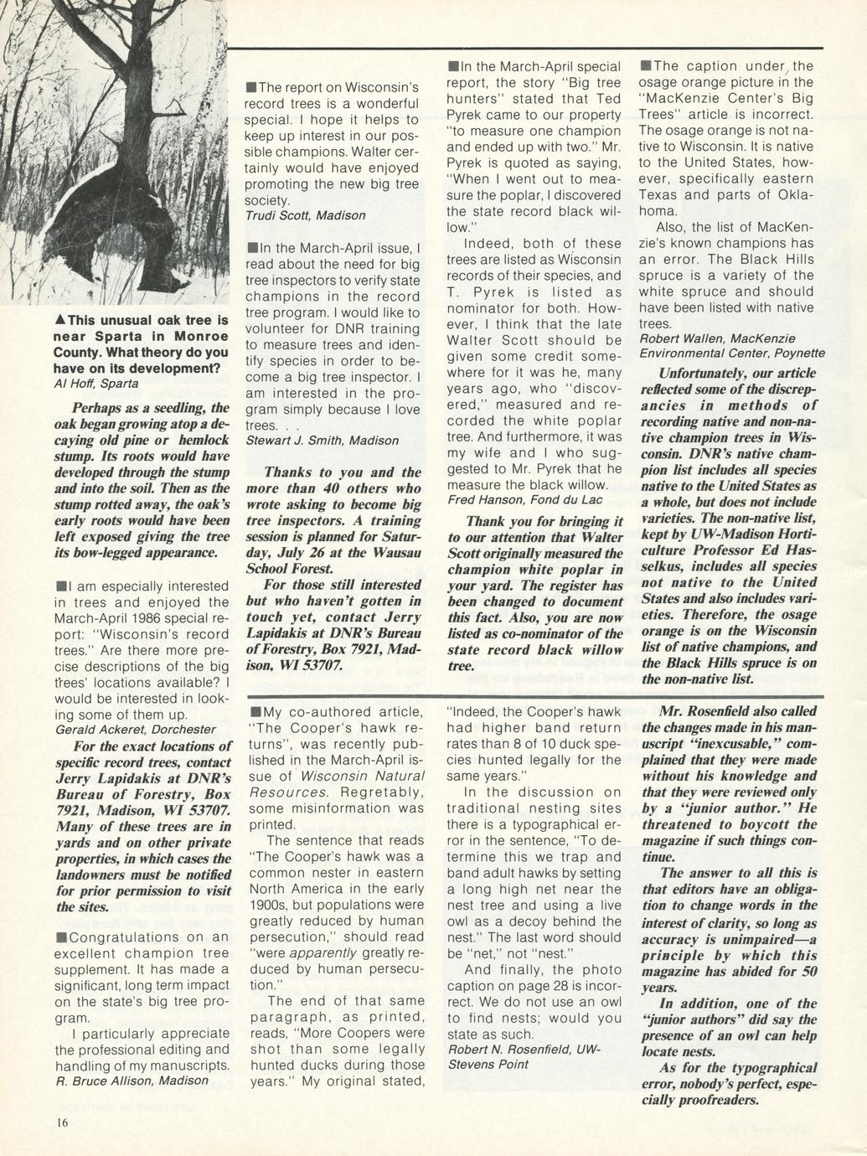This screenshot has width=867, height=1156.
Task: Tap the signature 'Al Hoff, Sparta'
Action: [96, 384]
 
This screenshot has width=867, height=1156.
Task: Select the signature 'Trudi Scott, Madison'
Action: [305, 215]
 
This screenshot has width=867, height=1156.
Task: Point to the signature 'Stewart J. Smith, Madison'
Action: [322, 440]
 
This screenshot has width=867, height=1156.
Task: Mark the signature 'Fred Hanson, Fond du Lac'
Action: [524, 499]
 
